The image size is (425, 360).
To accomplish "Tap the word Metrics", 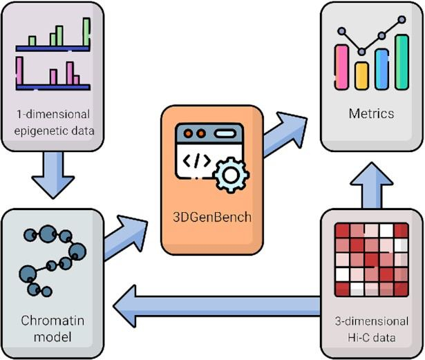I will (371, 113).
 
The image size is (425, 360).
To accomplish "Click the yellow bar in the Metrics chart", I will (361, 72).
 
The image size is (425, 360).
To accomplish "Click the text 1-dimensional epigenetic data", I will (53, 120).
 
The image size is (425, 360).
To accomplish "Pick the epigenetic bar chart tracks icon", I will (53, 55).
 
